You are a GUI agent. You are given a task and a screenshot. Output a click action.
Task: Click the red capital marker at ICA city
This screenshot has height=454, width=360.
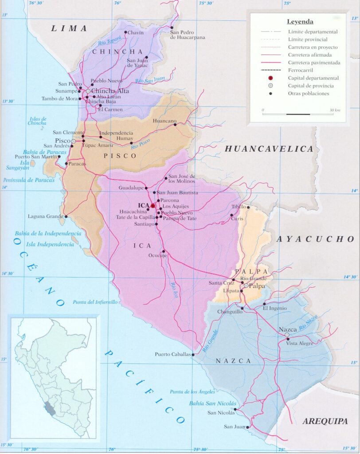tap(153, 206)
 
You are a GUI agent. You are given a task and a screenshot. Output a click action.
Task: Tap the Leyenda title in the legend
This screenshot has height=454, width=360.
tap(300, 21)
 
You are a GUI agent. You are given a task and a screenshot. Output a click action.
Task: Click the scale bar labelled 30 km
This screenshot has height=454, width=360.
tap(297, 114)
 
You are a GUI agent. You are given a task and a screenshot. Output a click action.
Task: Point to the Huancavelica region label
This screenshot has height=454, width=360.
tap(269, 149)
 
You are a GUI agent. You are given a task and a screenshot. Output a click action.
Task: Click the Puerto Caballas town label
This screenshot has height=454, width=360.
tap(172, 354)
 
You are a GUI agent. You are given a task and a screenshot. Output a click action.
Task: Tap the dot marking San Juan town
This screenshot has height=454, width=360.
tap(248, 427)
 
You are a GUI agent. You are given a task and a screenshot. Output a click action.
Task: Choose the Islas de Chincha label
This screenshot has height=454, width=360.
tap(37, 121)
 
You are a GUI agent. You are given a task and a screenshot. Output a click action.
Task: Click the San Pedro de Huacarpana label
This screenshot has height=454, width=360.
tap(188, 35)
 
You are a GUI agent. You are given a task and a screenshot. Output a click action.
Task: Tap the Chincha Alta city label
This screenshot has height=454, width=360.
tap(110, 91)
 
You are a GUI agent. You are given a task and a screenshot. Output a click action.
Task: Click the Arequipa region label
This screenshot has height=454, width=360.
tap(325, 421)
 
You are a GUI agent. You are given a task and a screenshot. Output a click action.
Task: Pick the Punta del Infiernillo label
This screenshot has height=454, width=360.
tap(95, 302)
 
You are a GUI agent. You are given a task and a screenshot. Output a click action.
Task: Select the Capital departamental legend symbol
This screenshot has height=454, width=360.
tap(270, 78)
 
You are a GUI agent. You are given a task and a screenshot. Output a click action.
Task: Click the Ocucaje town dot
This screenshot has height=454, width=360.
tap(164, 251)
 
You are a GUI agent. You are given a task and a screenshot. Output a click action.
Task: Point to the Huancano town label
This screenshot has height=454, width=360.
tap(164, 121)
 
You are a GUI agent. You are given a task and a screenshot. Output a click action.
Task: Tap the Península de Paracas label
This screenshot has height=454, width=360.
tap(29, 180)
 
